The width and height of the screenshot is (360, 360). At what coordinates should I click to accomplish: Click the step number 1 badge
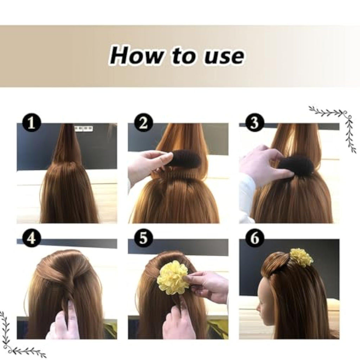tap(31, 123)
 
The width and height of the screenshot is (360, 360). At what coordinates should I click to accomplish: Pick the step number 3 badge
tap(255, 123)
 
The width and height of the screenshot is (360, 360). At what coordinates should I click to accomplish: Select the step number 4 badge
tap(31, 238)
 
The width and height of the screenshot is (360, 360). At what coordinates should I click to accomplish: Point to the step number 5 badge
tap(143, 238)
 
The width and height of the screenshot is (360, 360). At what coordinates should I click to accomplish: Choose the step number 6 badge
tap(255, 238)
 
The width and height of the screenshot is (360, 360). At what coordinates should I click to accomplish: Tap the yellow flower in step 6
tap(301, 258)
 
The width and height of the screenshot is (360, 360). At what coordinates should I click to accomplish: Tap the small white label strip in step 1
tap(84, 129)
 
